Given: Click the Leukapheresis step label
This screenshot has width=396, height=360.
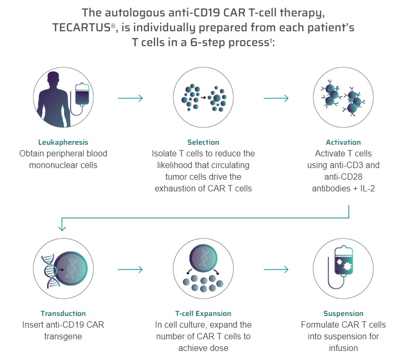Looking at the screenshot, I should pos(63,142).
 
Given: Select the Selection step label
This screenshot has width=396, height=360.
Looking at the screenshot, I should pos(203,142).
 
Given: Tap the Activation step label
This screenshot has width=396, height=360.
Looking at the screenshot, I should pos(343,142).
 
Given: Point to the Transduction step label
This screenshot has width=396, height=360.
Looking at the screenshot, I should pos(63,313).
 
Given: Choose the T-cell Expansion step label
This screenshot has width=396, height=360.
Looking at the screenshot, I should pos(203,313).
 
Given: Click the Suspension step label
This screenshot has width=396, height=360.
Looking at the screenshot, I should pos(343,313).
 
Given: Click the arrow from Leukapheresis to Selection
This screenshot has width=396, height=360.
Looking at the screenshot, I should pos(130,98).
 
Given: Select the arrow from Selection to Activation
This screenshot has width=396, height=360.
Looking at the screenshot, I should pos(276,98).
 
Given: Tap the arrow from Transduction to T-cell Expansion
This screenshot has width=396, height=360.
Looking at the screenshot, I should pos(130,270).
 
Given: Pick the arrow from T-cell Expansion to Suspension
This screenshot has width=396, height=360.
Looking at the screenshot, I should pos(276,270).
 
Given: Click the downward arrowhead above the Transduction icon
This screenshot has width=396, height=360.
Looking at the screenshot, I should pos(62,226).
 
